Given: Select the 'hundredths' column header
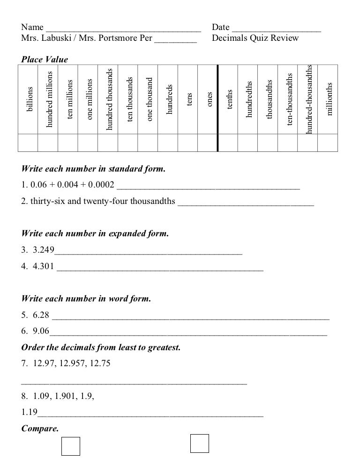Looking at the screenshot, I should click(x=249, y=98).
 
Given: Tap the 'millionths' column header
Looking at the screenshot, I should click(x=329, y=99).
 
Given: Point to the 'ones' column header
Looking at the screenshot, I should click(x=209, y=99).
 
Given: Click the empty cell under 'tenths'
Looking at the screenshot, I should click(x=228, y=143).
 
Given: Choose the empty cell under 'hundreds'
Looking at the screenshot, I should click(x=168, y=143).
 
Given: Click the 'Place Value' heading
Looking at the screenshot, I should click(x=45, y=60).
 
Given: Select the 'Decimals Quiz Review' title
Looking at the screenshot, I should click(x=255, y=38).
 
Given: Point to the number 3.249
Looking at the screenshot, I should click(x=43, y=250).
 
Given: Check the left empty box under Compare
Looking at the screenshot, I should click(x=71, y=446).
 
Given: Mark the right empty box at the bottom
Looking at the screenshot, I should click(x=199, y=443).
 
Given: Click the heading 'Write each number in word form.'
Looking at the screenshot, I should click(x=86, y=299).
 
